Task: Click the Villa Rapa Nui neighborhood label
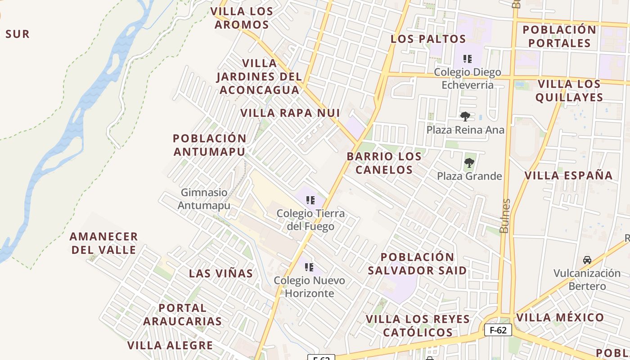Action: (290, 113)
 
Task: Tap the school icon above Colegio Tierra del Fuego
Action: (310, 200)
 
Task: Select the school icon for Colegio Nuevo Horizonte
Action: (309, 267)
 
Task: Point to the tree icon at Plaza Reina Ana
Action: (465, 117)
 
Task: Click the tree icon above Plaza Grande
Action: (469, 162)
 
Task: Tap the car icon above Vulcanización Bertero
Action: (587, 260)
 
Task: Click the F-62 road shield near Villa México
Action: (498, 330)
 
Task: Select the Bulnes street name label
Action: (504, 216)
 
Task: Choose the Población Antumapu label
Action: (210, 145)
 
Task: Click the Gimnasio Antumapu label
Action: (204, 199)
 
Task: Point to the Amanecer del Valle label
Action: (103, 243)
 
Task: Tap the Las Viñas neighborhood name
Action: (221, 274)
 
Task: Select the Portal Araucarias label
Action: (182, 315)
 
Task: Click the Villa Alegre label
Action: (170, 346)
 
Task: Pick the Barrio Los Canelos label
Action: (384, 163)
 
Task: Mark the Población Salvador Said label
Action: (417, 264)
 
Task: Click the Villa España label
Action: (569, 175)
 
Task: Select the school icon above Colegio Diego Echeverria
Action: (468, 58)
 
